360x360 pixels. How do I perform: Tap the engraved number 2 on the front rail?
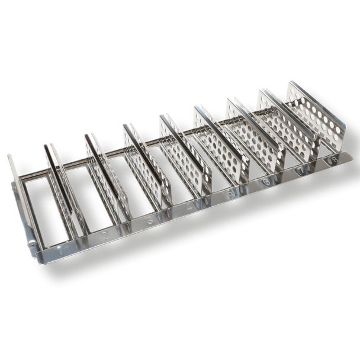[x=105, y=237]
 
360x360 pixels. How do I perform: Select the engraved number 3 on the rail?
[x=149, y=222]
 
